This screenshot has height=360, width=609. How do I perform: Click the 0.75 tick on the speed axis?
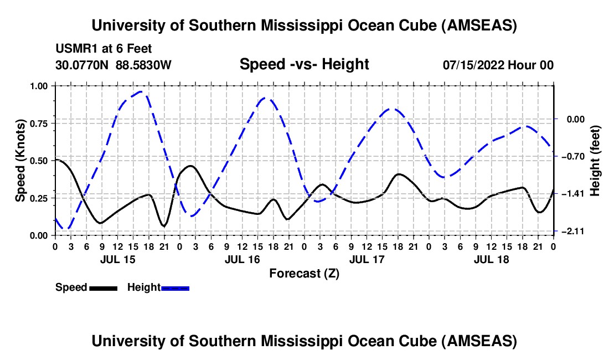tap(40, 123)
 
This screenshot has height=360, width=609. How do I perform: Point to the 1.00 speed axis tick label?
tap(40, 86)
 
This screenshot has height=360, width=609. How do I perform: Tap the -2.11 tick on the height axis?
tap(570, 232)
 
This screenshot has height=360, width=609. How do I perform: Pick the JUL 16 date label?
tap(241, 259)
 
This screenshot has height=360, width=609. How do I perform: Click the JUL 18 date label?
tap(491, 259)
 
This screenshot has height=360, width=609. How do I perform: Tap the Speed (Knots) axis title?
tap(20, 161)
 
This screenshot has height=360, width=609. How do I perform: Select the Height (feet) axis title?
tap(595, 161)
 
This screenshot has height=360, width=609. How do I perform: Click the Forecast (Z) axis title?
tap(304, 273)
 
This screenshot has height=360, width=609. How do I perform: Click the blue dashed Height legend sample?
tap(175, 287)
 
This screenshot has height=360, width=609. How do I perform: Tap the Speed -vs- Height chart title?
tap(304, 65)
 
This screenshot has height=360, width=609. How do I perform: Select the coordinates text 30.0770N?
tap(83, 65)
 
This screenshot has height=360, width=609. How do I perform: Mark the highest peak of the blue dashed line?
tap(142, 92)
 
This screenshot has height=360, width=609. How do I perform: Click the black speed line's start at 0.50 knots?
tap(56, 160)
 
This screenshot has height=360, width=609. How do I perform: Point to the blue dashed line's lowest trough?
tap(66, 228)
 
